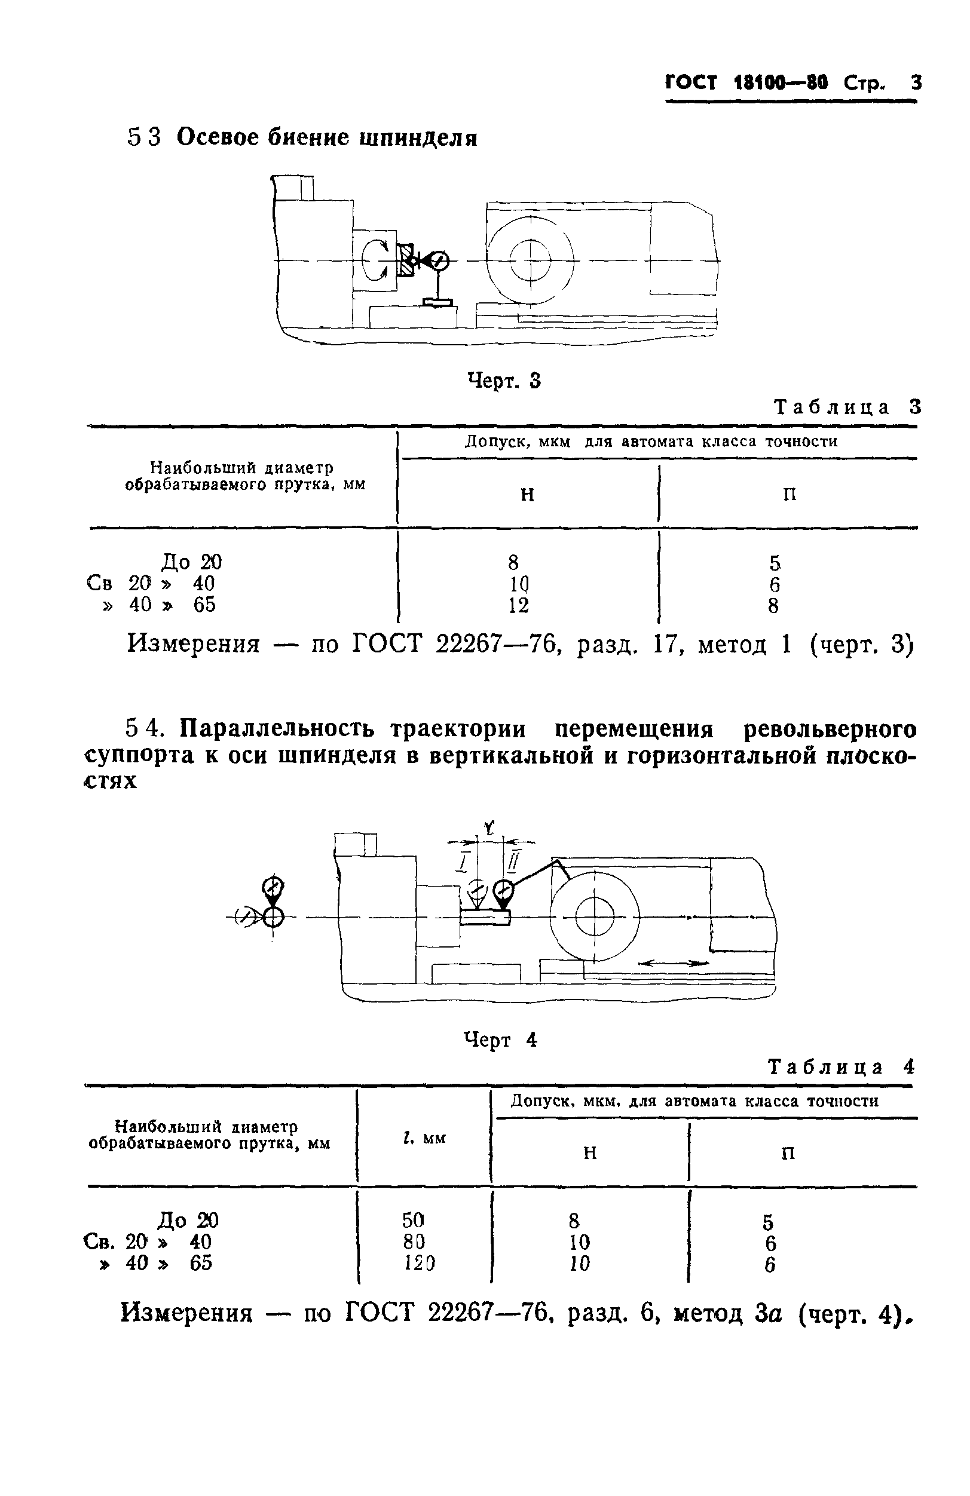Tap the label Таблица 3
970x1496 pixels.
pos(847,407)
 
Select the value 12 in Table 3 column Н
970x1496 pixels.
pos(519,605)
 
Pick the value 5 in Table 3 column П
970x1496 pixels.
pos(775,563)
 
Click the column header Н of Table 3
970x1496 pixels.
pos(527,495)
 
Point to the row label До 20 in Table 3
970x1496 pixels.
pos(191,562)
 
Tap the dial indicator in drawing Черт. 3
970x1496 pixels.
pos(439,260)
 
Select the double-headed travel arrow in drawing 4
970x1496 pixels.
pos(672,962)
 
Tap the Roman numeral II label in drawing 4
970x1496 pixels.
pos(512,861)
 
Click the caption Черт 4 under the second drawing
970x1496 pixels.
pos(500,1040)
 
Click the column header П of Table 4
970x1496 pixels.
pos(787,1154)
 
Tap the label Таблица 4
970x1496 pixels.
pos(841,1067)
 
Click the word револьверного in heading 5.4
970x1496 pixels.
pos(829,729)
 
